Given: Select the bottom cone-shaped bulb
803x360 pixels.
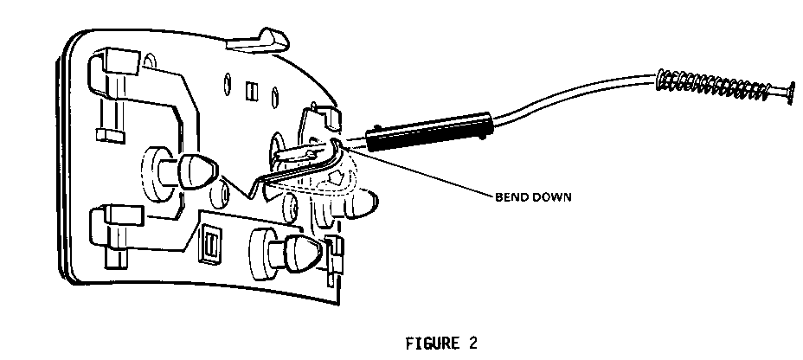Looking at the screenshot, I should pos(299,252).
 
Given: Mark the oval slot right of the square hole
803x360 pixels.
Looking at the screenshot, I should pos(274,94).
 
